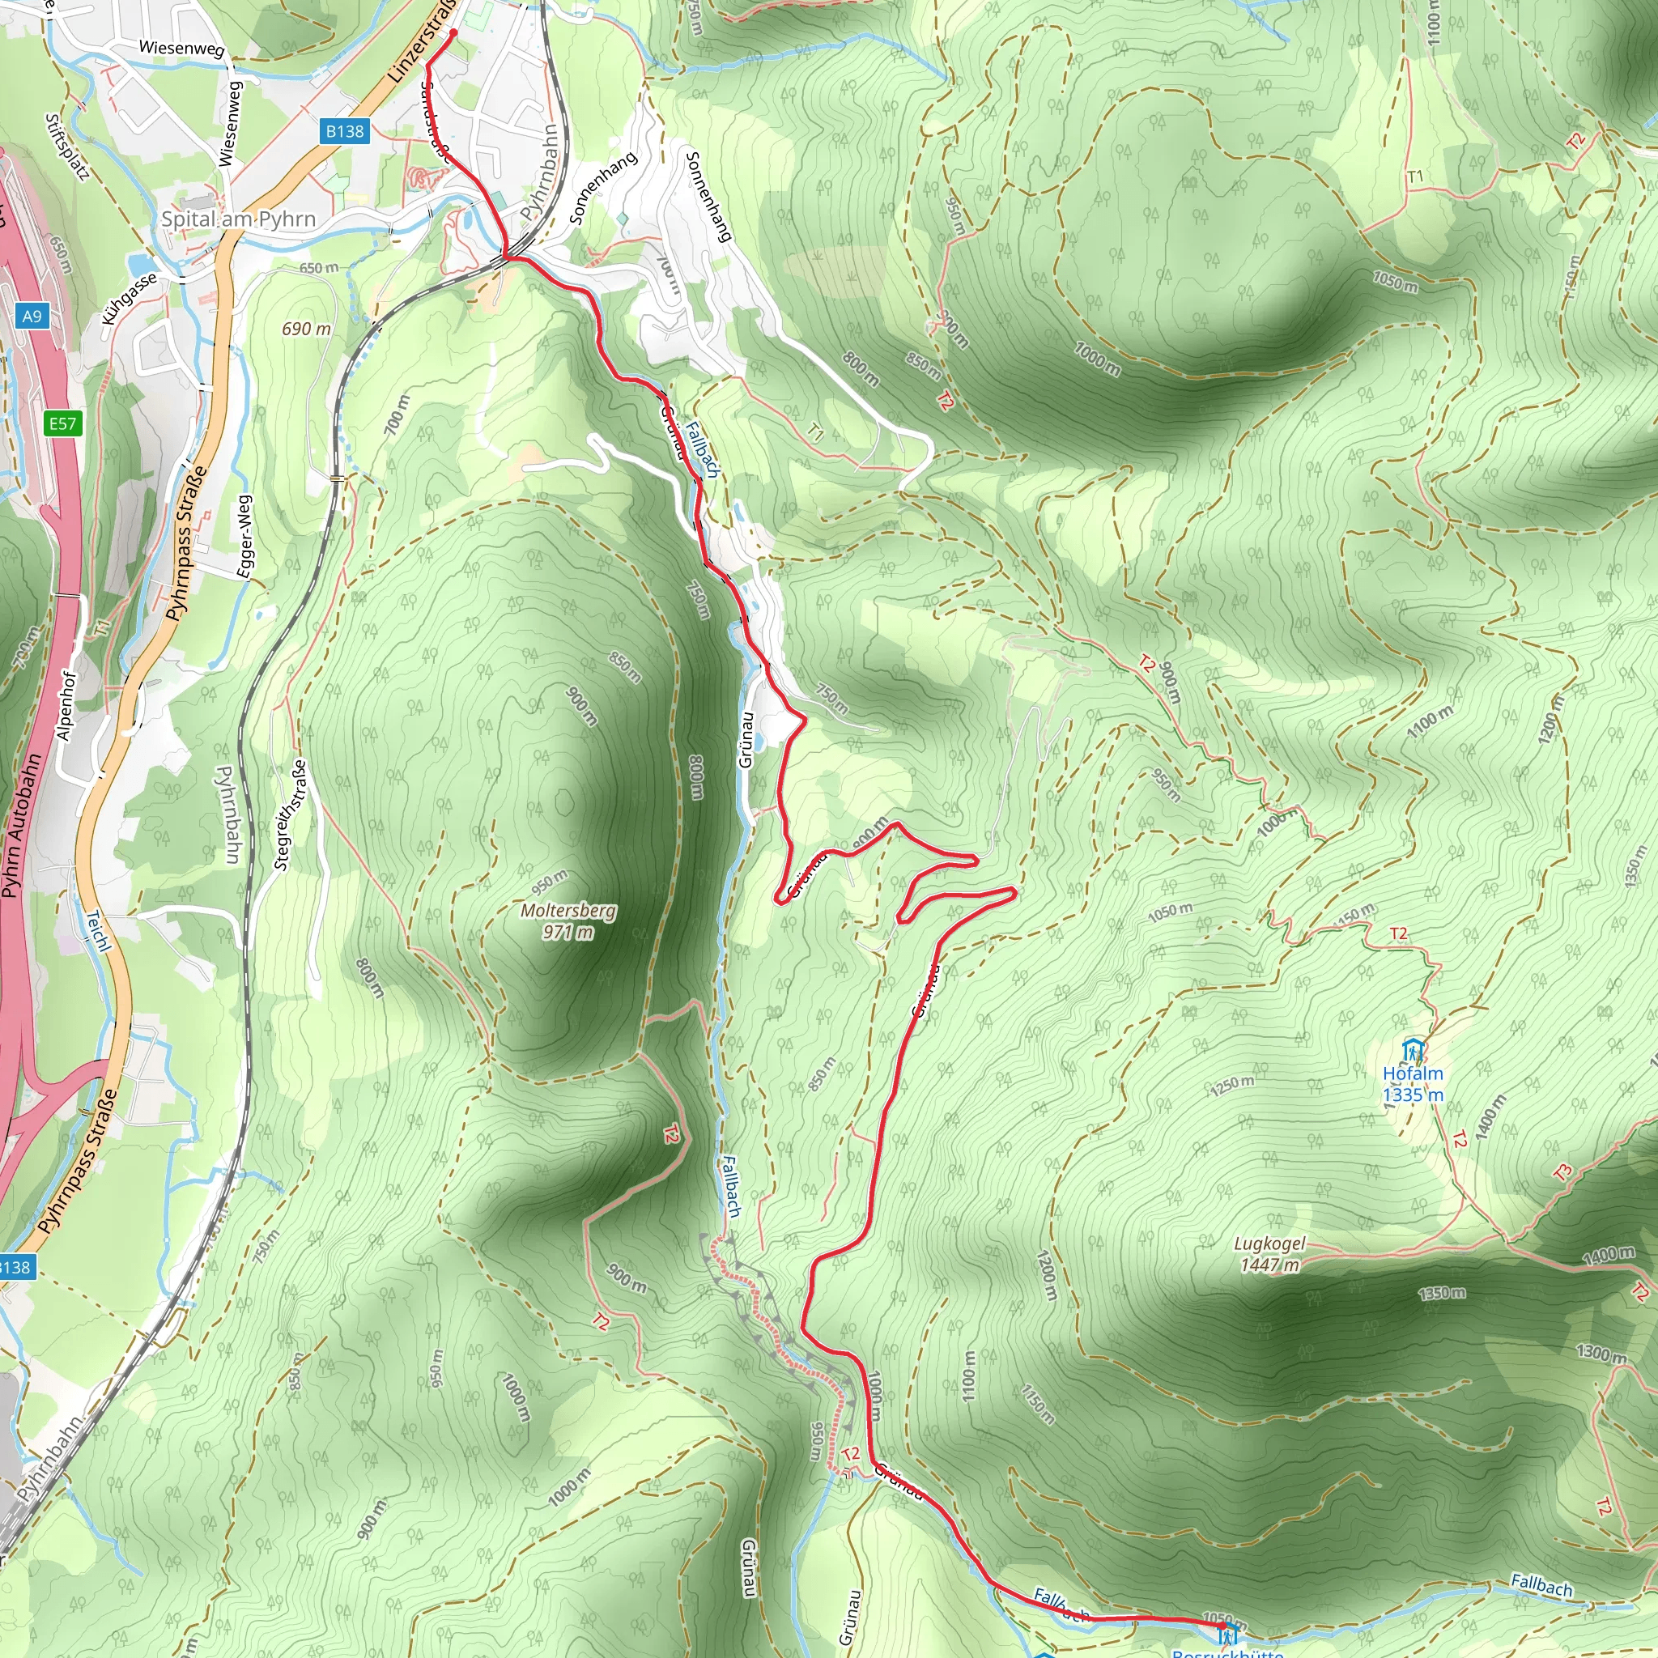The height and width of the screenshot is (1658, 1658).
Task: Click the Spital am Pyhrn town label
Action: pyautogui.click(x=239, y=219)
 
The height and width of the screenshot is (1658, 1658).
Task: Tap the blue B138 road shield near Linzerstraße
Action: pyautogui.click(x=344, y=131)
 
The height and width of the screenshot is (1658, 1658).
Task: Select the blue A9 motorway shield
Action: pyautogui.click(x=32, y=316)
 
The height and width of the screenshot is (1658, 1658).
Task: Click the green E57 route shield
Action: pyautogui.click(x=62, y=423)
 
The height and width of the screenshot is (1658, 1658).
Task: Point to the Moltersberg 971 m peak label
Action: pyautogui.click(x=568, y=920)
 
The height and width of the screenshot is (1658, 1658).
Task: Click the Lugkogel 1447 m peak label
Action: pyautogui.click(x=1269, y=1254)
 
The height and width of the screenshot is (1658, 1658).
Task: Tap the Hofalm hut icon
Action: pyautogui.click(x=1413, y=1049)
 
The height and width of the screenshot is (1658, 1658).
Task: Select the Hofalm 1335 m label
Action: pyautogui.click(x=1413, y=1084)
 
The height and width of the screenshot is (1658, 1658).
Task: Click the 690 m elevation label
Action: pyautogui.click(x=306, y=329)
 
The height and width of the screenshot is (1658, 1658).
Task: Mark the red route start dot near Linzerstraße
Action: pyautogui.click(x=453, y=33)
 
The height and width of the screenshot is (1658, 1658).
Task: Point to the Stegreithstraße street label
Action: pyautogui.click(x=290, y=814)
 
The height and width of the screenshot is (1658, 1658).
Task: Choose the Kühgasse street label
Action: pyautogui.click(x=130, y=298)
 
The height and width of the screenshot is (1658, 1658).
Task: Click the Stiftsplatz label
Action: pyautogui.click(x=68, y=147)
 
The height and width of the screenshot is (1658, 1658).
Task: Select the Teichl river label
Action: pyautogui.click(x=99, y=931)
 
